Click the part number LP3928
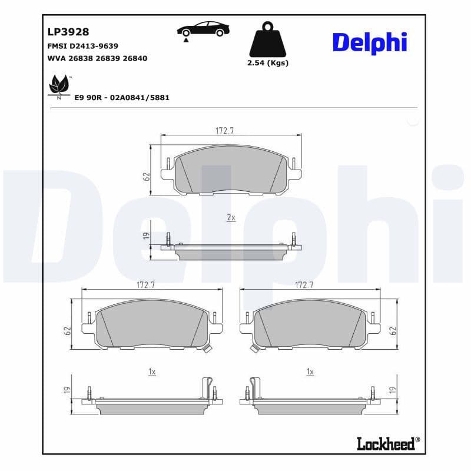[68, 32]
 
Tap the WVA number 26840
[135, 58]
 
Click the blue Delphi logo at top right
[369, 42]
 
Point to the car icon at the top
[204, 29]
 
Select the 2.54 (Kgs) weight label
[268, 63]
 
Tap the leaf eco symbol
[58, 85]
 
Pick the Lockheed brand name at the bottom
[386, 443]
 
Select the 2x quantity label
[231, 218]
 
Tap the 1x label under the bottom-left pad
[151, 372]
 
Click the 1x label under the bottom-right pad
[310, 372]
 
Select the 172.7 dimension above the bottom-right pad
[304, 285]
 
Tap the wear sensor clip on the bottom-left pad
[206, 350]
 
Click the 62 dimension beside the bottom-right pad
[393, 331]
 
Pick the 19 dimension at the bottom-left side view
[68, 390]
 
